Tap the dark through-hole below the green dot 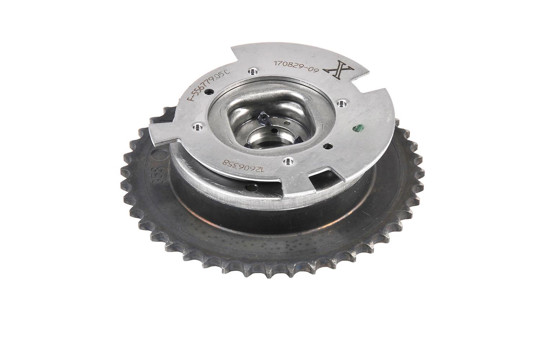[x=326, y=146]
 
